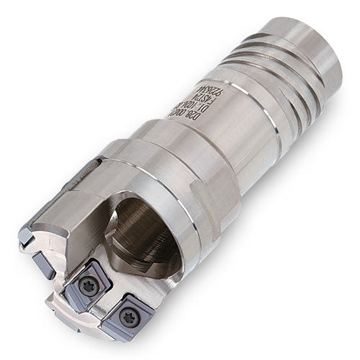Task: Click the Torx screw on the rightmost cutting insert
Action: tap(131, 315)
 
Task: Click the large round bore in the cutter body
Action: tap(145, 231)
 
